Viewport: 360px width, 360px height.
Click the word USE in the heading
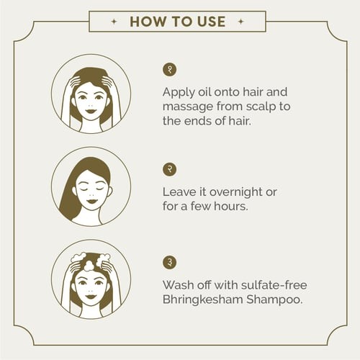[x=212, y=22]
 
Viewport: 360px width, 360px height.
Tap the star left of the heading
[x=114, y=22]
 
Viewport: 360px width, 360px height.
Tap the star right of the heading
[x=240, y=22]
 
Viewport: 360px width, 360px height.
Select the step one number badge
[x=170, y=70]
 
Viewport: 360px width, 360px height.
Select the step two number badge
[x=170, y=169]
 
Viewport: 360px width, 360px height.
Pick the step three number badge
[x=170, y=262]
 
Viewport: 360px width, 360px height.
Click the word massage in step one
[x=188, y=107]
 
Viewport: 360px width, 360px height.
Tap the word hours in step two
[x=231, y=206]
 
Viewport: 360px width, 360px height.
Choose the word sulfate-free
[x=274, y=285]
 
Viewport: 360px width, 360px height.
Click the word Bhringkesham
[x=202, y=300]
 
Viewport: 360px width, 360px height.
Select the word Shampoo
[x=274, y=300]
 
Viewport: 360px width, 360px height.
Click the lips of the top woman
[x=91, y=112]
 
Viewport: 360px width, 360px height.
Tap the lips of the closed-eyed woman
[x=91, y=201]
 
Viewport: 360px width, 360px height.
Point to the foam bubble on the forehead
[x=89, y=266]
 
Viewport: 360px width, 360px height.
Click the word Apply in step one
[x=179, y=93]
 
